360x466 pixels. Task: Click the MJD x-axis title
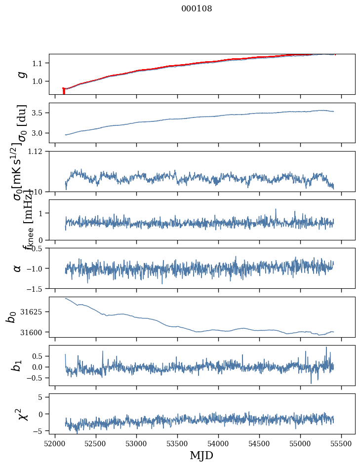click(x=201, y=455)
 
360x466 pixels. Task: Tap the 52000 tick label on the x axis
click(x=55, y=443)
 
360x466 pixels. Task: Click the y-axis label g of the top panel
click(x=21, y=74)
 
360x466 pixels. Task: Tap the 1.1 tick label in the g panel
click(x=39, y=63)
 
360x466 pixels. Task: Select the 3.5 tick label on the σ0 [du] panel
click(x=39, y=113)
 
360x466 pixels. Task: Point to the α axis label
click(x=18, y=268)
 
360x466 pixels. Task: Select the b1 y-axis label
click(x=17, y=366)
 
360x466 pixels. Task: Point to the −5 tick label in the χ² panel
click(x=40, y=431)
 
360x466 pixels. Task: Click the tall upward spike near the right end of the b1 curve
click(x=326, y=348)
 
